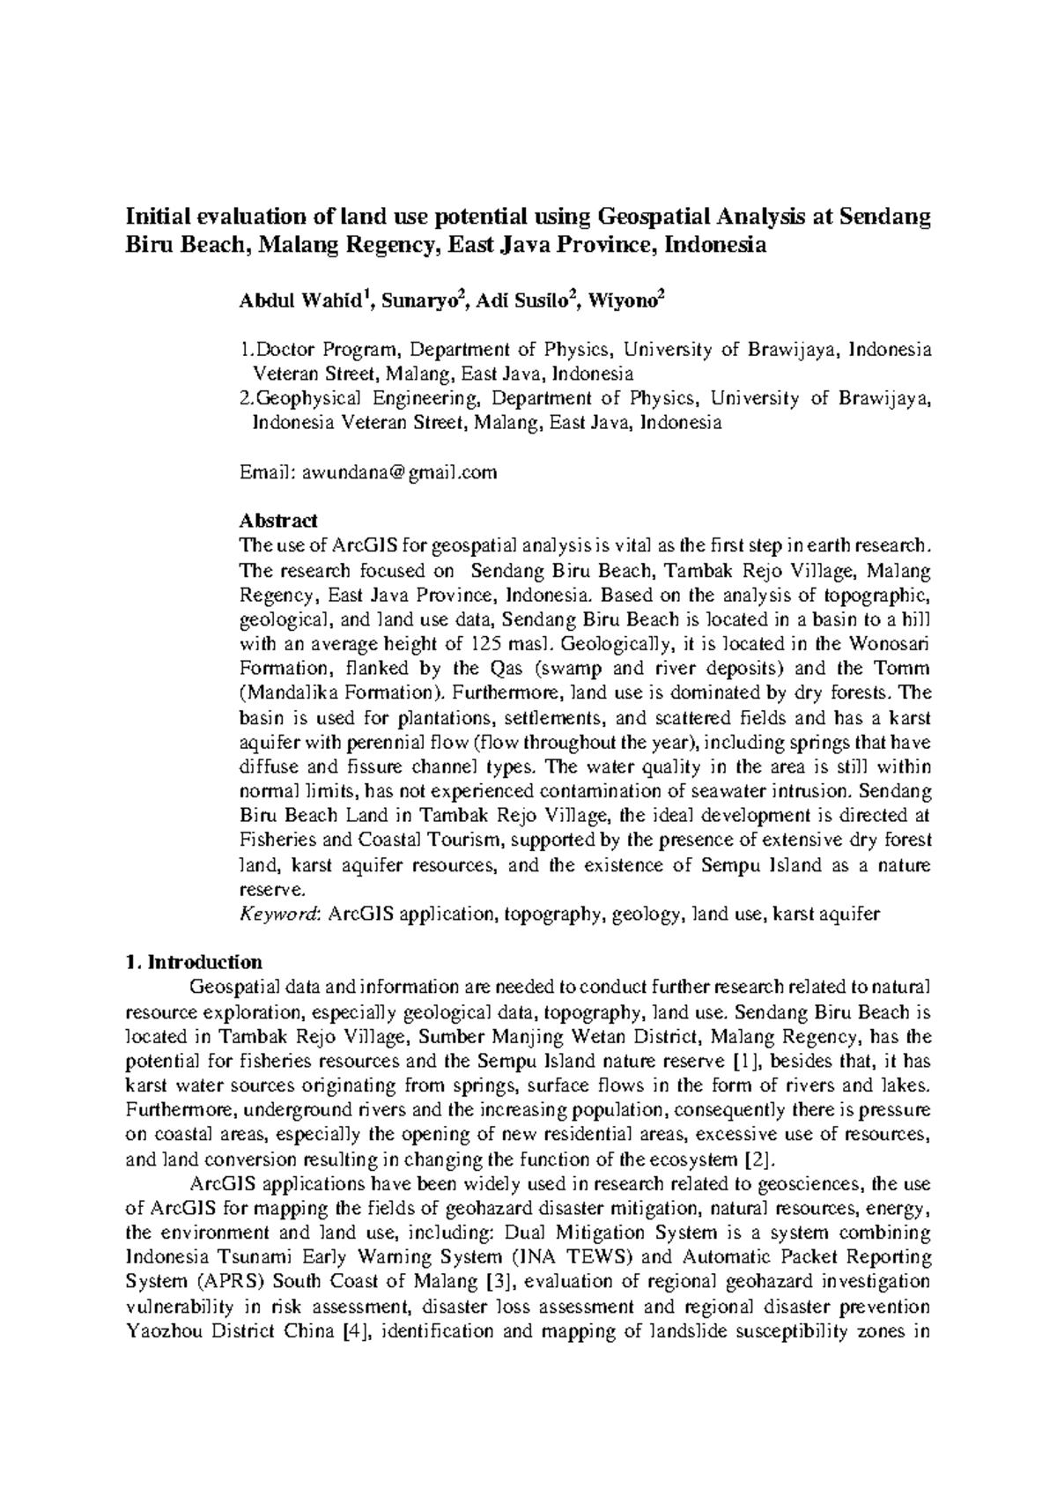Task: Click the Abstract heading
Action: (x=278, y=521)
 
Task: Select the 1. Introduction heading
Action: (x=194, y=961)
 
